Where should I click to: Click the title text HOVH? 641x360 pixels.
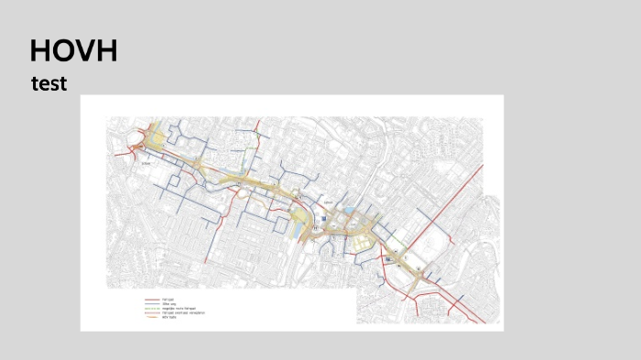tap(73, 50)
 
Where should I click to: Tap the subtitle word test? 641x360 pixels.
tap(49, 84)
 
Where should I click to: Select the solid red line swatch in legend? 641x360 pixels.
tap(151, 300)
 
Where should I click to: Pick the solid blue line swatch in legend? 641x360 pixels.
tap(151, 304)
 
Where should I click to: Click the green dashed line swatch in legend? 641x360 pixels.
tap(151, 309)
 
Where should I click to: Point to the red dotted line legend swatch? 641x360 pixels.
tap(151, 313)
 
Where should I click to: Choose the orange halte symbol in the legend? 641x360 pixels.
tap(151, 318)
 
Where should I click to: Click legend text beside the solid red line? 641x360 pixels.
tap(168, 300)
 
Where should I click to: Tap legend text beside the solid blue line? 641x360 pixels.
tap(168, 304)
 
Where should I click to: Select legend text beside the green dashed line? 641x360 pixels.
tap(179, 309)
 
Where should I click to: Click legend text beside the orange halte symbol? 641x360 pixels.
tap(170, 318)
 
